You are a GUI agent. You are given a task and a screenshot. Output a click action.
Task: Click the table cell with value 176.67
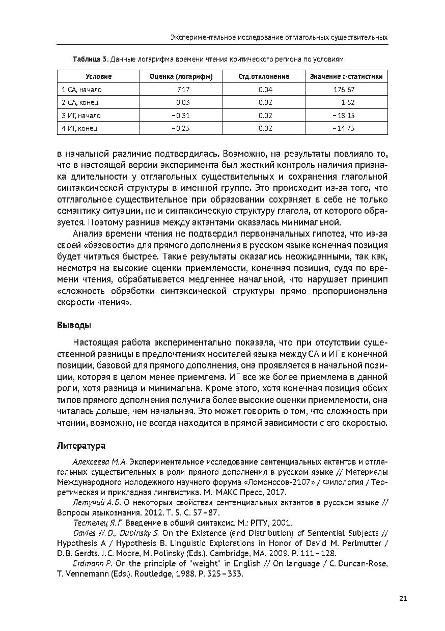point(344,90)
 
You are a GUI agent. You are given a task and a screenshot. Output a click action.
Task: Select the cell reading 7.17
point(182,90)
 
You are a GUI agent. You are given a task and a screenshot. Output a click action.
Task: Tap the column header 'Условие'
point(98,76)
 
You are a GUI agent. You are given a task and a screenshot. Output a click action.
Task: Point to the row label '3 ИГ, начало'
point(81,116)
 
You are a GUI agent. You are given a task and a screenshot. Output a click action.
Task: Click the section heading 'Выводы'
point(70,325)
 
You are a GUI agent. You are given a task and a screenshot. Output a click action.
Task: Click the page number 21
point(403,599)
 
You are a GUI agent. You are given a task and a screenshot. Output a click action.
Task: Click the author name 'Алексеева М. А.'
point(100,462)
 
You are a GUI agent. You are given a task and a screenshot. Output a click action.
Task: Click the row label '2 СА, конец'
point(80,102)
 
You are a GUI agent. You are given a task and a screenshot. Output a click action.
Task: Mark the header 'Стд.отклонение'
point(264,76)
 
